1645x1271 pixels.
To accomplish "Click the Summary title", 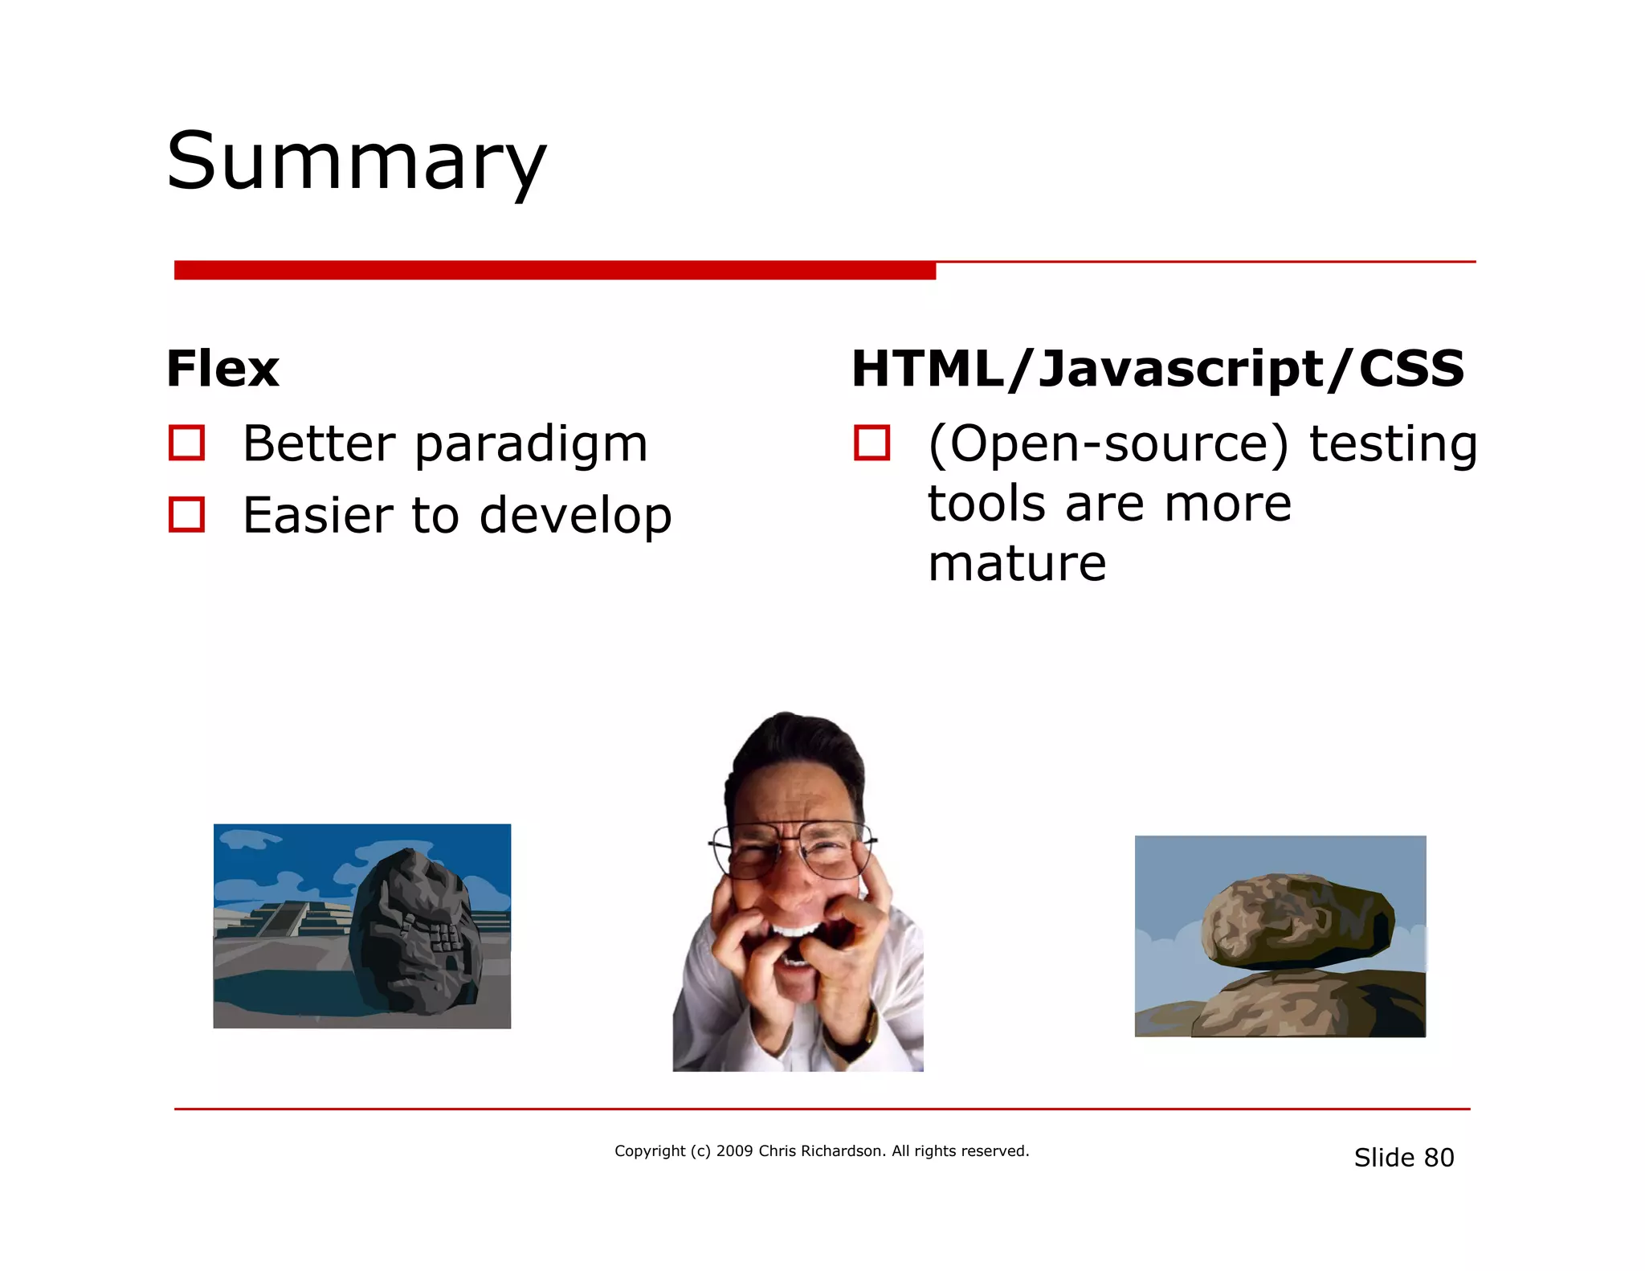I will pyautogui.click(x=356, y=163).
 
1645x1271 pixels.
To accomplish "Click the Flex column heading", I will pyautogui.click(x=222, y=370).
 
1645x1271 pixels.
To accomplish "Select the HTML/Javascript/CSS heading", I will pyautogui.click(x=1157, y=370).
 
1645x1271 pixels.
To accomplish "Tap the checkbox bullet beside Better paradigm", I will pyautogui.click(x=186, y=443).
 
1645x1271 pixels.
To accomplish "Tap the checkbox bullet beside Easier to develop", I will pyautogui.click(x=186, y=515).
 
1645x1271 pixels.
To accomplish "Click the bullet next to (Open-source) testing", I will pyautogui.click(x=871, y=443).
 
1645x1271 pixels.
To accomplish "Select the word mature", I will pyautogui.click(x=1017, y=563).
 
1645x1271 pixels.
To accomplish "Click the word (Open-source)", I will pyautogui.click(x=1108, y=444).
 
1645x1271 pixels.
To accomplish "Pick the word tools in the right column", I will pyautogui.click(x=986, y=505).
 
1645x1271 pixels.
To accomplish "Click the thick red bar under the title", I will pyautogui.click(x=554, y=271).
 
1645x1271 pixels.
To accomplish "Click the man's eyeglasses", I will pyautogui.click(x=791, y=852).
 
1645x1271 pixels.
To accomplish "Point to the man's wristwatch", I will pyautogui.click(x=859, y=1036).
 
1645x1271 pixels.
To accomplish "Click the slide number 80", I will pyautogui.click(x=1439, y=1158).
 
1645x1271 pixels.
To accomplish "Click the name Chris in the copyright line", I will pyautogui.click(x=777, y=1151).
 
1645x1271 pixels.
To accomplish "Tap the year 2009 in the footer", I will pyautogui.click(x=734, y=1151).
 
